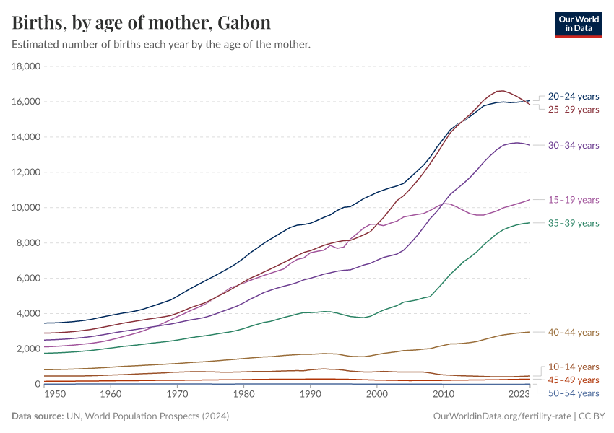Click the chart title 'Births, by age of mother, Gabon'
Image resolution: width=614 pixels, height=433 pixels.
coord(142,23)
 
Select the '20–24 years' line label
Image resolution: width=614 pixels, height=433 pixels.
coord(574,96)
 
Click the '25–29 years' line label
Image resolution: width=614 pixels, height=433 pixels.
coord(574,110)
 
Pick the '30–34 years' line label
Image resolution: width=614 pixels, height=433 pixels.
coord(574,146)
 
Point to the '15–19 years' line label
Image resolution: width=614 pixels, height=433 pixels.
coord(574,200)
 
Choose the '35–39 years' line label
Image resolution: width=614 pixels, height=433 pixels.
coord(574,224)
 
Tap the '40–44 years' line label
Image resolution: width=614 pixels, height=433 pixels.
coord(574,333)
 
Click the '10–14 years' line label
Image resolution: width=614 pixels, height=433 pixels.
coord(574,367)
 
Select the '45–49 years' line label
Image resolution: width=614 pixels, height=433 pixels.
coord(574,380)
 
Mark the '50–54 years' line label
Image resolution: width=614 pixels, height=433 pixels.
coord(574,393)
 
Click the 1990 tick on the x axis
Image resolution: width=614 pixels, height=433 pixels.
coord(310,395)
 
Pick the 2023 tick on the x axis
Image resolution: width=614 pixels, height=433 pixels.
coord(519,395)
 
